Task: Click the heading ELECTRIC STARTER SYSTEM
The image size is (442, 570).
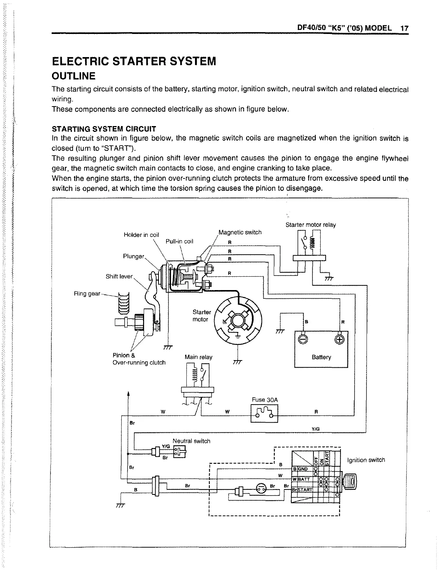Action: point(134,61)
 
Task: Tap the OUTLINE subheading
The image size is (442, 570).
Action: point(74,76)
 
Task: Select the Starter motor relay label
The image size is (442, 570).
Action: point(311,225)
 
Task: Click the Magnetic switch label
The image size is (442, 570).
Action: point(240,232)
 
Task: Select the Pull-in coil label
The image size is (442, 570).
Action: point(179,241)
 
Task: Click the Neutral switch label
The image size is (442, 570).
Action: point(191,441)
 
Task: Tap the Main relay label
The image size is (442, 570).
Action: point(198,357)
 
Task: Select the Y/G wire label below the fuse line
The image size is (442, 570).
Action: point(316,429)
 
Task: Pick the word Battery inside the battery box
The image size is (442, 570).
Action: point(321,357)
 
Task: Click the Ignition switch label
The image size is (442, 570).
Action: point(366,460)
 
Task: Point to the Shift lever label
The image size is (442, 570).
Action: point(119,276)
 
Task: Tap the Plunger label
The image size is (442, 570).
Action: point(134,256)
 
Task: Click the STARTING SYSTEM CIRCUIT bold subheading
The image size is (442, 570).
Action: point(104,129)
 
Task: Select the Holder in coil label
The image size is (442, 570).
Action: point(141,235)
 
